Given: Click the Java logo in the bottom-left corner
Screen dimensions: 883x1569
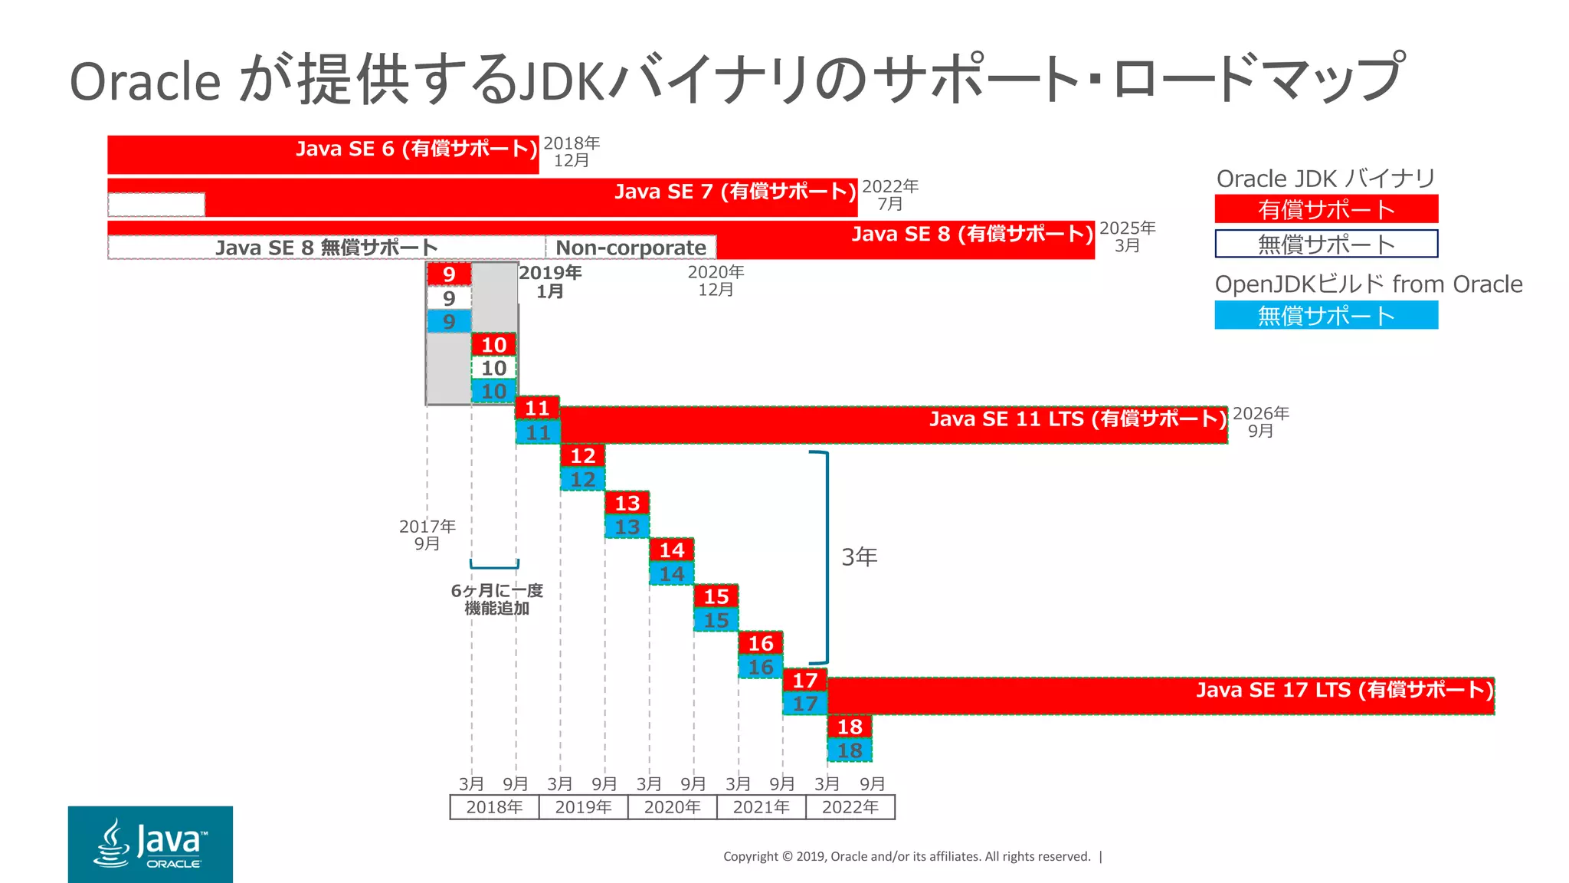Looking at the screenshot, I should click(x=150, y=844).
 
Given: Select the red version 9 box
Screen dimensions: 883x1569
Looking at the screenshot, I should click(x=449, y=274).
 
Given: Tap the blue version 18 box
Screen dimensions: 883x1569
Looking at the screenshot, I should click(x=850, y=750).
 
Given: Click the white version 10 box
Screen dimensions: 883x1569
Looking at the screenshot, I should click(x=493, y=368).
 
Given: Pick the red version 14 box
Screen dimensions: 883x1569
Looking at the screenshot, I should click(x=672, y=550).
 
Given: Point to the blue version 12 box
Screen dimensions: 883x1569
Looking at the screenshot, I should click(x=583, y=479).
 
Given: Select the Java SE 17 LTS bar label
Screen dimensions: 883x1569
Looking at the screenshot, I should click(x=1345, y=690).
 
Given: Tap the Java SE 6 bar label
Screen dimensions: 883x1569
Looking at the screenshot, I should click(x=417, y=149).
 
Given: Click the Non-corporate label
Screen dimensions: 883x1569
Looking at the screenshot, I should click(x=631, y=248).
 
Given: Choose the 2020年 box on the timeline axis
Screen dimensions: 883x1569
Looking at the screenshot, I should click(x=672, y=807).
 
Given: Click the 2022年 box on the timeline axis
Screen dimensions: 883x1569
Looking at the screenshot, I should click(x=850, y=807).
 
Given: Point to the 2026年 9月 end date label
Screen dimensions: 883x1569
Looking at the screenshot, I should click(x=1260, y=422).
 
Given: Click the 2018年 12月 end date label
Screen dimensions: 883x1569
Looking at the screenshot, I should click(x=572, y=152).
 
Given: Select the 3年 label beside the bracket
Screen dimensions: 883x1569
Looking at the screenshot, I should click(x=859, y=557).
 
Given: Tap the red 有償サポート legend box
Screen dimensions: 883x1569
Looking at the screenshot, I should click(x=1326, y=209).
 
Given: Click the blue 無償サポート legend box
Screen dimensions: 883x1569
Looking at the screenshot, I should click(x=1326, y=315).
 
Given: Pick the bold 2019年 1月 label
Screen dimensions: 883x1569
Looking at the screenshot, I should click(x=550, y=281).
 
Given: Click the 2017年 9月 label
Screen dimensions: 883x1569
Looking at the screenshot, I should click(x=427, y=534).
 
